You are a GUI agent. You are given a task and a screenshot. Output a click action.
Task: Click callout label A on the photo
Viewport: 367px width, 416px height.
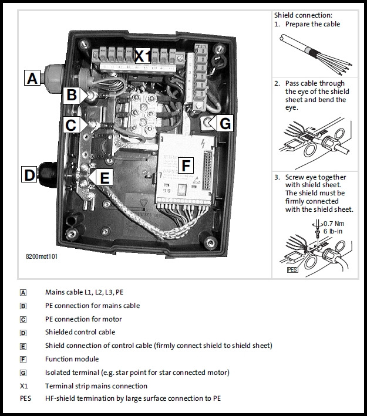tap(32, 77)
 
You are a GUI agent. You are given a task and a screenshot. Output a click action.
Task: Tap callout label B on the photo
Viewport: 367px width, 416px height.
tap(70, 94)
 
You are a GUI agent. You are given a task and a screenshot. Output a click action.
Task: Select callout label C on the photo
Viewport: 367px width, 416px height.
tap(70, 124)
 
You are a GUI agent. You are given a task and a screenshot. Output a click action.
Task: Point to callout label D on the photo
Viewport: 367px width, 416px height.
tap(29, 174)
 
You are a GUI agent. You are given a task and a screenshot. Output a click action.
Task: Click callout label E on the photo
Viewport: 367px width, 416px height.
tap(104, 178)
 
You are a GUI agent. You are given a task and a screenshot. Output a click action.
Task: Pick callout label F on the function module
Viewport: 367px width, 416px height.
tap(186, 166)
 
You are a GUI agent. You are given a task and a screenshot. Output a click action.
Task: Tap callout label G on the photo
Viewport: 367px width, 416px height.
tap(225, 124)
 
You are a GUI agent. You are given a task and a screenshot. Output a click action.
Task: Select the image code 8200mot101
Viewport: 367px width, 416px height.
tap(42, 256)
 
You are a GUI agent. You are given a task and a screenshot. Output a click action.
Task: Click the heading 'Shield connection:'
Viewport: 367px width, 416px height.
tap(302, 15)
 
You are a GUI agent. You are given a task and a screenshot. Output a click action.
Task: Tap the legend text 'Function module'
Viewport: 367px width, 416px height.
tap(72, 359)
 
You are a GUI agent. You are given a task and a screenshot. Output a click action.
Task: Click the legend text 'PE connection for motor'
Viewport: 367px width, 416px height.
tap(83, 319)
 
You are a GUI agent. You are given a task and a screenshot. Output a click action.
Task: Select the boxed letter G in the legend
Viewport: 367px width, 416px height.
tap(23, 373)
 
